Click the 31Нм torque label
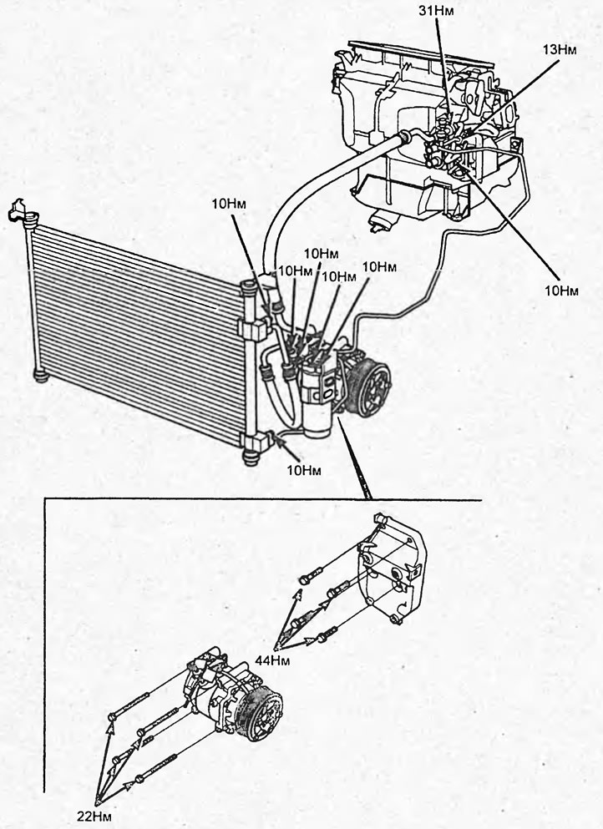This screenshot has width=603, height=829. pyautogui.click(x=436, y=10)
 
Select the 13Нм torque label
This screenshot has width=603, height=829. pyautogui.click(x=559, y=50)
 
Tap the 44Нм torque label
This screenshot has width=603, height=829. pyautogui.click(x=272, y=661)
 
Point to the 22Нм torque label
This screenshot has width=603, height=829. pyautogui.click(x=94, y=816)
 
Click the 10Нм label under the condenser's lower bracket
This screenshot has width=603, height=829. pyautogui.click(x=304, y=470)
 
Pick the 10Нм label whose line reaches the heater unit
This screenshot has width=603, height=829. pyautogui.click(x=561, y=291)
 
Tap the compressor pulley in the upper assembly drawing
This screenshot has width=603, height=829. pyautogui.click(x=373, y=389)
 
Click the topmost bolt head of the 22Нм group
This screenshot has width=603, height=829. pyautogui.click(x=112, y=716)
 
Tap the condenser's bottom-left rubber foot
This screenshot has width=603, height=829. pyautogui.click(x=41, y=376)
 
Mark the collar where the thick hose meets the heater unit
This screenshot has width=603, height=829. pyautogui.click(x=404, y=138)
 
